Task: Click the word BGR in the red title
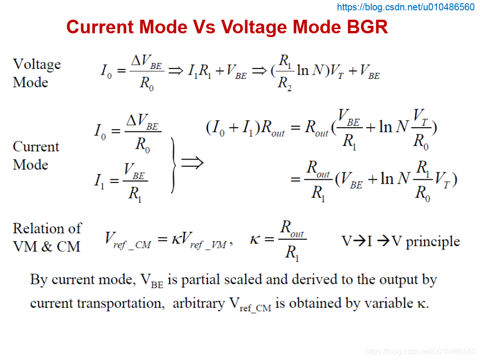click(x=367, y=27)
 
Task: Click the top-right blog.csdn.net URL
click(x=406, y=7)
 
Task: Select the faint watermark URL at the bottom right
click(x=420, y=351)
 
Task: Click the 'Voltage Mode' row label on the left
click(x=37, y=73)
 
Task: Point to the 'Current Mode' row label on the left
click(x=36, y=155)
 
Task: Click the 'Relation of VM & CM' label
click(x=47, y=237)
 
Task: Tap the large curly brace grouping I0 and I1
click(x=173, y=165)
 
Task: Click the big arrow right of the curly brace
click(x=192, y=163)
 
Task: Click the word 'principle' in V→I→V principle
click(x=433, y=241)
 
